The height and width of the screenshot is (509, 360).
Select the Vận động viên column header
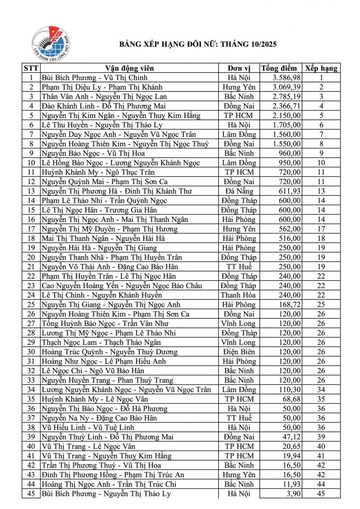click(129, 68)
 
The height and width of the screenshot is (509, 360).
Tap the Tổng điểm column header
click(281, 68)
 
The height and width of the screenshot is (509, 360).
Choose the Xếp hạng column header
click(321, 68)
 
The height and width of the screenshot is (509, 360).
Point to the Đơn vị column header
click(239, 68)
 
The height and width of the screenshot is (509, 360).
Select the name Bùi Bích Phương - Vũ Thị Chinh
click(94, 78)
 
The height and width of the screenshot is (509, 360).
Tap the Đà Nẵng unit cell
click(239, 191)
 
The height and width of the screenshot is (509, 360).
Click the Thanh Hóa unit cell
click(239, 295)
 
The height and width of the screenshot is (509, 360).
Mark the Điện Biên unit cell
click(239, 352)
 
